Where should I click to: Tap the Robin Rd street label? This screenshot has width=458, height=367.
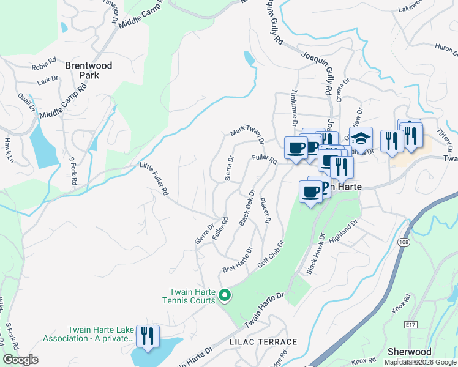coord(43,66)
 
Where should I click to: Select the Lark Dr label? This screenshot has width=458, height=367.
coord(47,80)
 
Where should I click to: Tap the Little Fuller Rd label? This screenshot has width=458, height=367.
coord(154,178)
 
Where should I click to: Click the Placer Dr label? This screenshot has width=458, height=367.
coord(265,210)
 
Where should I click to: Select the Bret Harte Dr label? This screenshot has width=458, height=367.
coord(237,261)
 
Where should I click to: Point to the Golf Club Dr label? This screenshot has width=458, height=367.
coord(271,253)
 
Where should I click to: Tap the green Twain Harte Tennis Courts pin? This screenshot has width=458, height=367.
coord(224,296)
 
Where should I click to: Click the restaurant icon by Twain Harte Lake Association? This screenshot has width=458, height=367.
coord(148,336)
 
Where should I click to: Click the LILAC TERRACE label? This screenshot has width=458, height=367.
coord(263,342)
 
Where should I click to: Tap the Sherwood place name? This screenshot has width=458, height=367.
coord(410,352)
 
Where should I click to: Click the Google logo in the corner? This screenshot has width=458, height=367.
coord(20,360)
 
